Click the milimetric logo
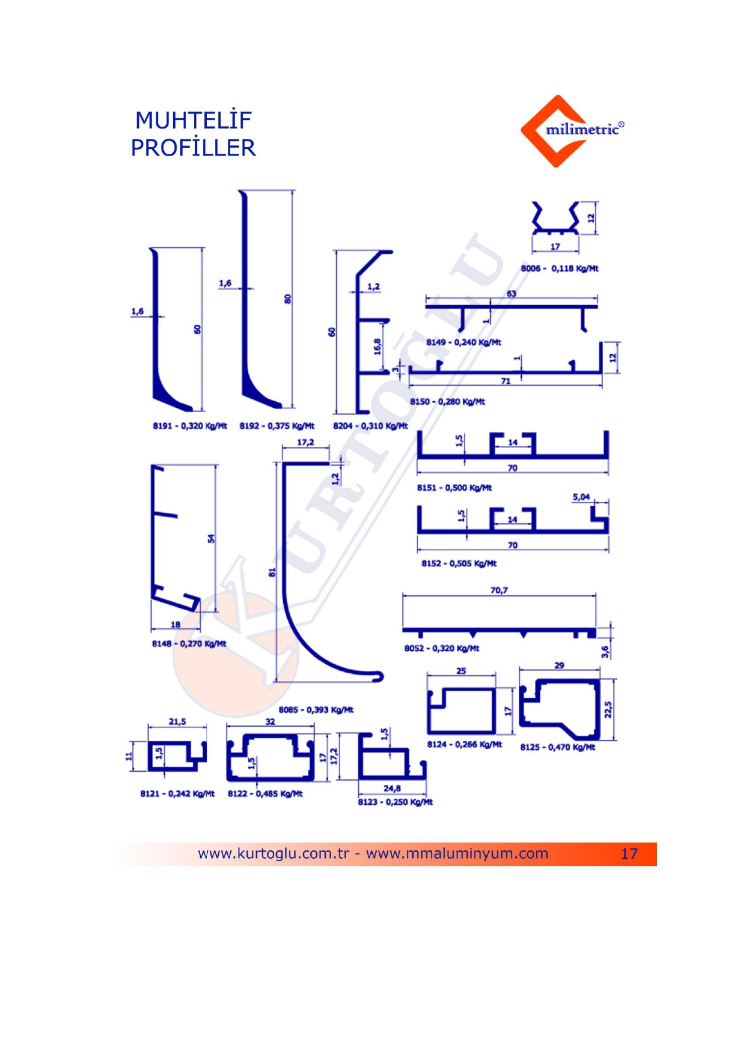(x=572, y=130)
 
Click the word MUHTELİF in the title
(x=193, y=120)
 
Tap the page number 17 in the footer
(x=629, y=853)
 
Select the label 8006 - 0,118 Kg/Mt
(x=559, y=268)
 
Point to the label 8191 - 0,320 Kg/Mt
(x=189, y=426)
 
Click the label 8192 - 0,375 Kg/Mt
(x=277, y=426)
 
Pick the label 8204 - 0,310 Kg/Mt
(x=370, y=426)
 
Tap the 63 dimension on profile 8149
(x=511, y=294)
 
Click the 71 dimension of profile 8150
(x=506, y=381)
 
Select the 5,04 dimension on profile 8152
(x=581, y=497)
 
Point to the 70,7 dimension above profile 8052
(x=499, y=590)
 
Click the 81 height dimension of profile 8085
(x=272, y=572)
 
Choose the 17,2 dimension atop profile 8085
(x=305, y=442)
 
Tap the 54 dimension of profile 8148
(x=211, y=539)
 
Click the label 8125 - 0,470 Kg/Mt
(x=557, y=747)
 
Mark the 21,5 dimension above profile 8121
(x=177, y=721)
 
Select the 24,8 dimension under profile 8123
(x=392, y=788)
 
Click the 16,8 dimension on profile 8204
(x=378, y=347)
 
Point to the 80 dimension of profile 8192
(x=287, y=298)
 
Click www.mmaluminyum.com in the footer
(x=457, y=853)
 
